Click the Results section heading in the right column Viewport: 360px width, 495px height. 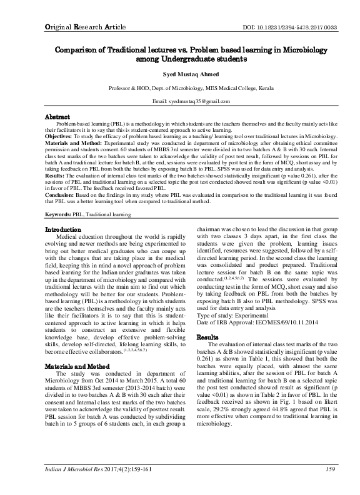click(x=207, y=337)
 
